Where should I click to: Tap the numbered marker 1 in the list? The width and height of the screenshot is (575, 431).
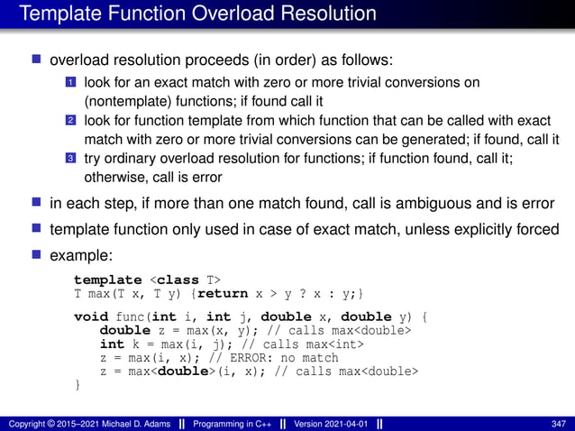69,82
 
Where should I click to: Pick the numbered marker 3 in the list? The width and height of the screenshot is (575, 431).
69,159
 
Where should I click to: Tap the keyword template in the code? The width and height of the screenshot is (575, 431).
107,280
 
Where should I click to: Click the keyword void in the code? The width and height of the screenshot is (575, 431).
90,317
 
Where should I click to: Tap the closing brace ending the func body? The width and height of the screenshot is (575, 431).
77,386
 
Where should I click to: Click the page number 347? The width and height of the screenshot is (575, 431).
558,422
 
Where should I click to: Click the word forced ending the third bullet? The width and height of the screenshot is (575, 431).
537,229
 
